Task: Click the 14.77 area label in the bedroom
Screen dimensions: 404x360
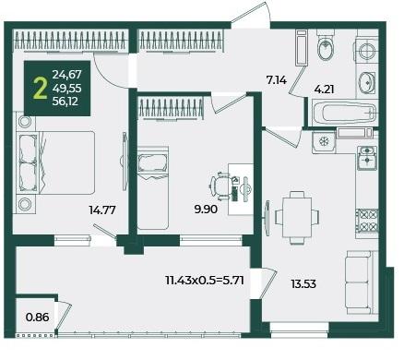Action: pyautogui.click(x=102, y=210)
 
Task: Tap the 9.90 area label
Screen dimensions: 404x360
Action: pyautogui.click(x=206, y=210)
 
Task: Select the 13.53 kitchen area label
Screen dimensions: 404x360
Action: pyautogui.click(x=303, y=283)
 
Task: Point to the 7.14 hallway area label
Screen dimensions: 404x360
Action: pyautogui.click(x=276, y=80)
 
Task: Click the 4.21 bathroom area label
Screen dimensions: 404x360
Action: pyautogui.click(x=324, y=90)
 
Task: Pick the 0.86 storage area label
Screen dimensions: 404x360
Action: pyautogui.click(x=38, y=317)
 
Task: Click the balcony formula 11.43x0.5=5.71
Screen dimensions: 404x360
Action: pyautogui.click(x=205, y=281)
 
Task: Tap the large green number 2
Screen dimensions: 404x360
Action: pyautogui.click(x=41, y=89)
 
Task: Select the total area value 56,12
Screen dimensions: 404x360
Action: pyautogui.click(x=65, y=102)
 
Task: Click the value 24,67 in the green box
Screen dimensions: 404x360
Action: pyautogui.click(x=66, y=75)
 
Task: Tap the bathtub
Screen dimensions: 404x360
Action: pyautogui.click(x=344, y=113)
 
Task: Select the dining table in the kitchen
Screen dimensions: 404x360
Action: pyautogui.click(x=297, y=217)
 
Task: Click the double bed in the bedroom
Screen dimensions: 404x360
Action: pyautogui.click(x=55, y=162)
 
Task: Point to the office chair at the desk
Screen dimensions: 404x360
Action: pyautogui.click(x=220, y=186)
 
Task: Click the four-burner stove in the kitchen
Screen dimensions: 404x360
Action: pyautogui.click(x=367, y=221)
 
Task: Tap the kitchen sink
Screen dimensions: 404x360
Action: pyautogui.click(x=367, y=158)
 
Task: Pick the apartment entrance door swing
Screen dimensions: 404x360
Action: pyautogui.click(x=251, y=14)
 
